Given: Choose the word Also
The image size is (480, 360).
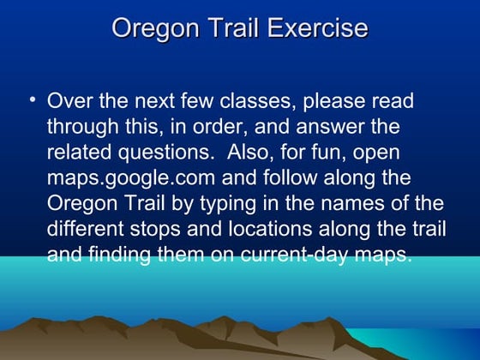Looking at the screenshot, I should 253,153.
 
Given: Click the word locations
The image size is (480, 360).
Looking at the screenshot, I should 287,230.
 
